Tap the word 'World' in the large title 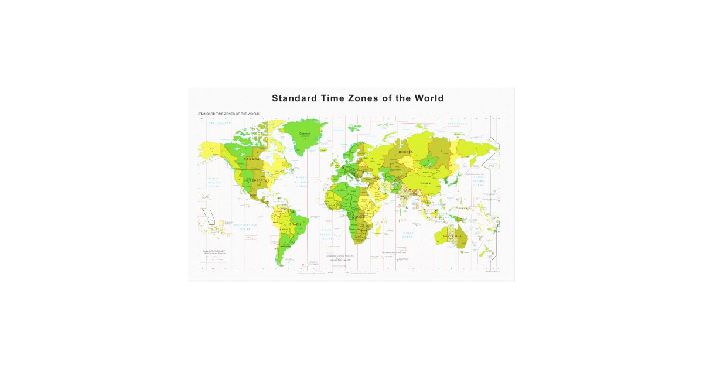pos(429,98)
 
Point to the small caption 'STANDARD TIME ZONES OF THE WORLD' pos(228,113)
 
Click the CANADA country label pos(251,159)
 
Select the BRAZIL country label pos(296,224)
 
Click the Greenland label pos(305,134)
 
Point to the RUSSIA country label pos(406,152)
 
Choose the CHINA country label pos(425,183)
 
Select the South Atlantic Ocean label pos(327,234)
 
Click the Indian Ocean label pos(408,235)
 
